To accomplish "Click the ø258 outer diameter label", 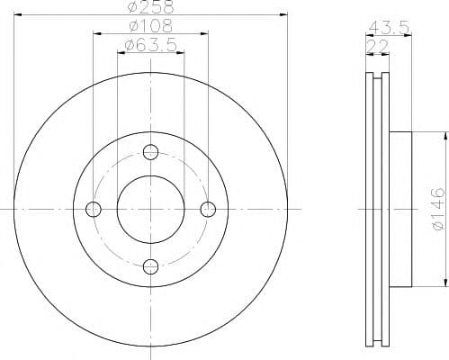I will click(x=149, y=8).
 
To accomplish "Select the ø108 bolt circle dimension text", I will click(x=149, y=28).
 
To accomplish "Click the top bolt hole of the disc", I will click(x=150, y=151).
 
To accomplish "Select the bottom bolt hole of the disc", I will click(x=150, y=265).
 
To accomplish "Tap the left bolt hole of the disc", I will click(x=93, y=209).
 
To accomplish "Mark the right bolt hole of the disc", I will click(x=208, y=209).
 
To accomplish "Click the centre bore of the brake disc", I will click(x=150, y=209).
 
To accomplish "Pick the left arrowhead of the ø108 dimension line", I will click(x=95, y=35).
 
